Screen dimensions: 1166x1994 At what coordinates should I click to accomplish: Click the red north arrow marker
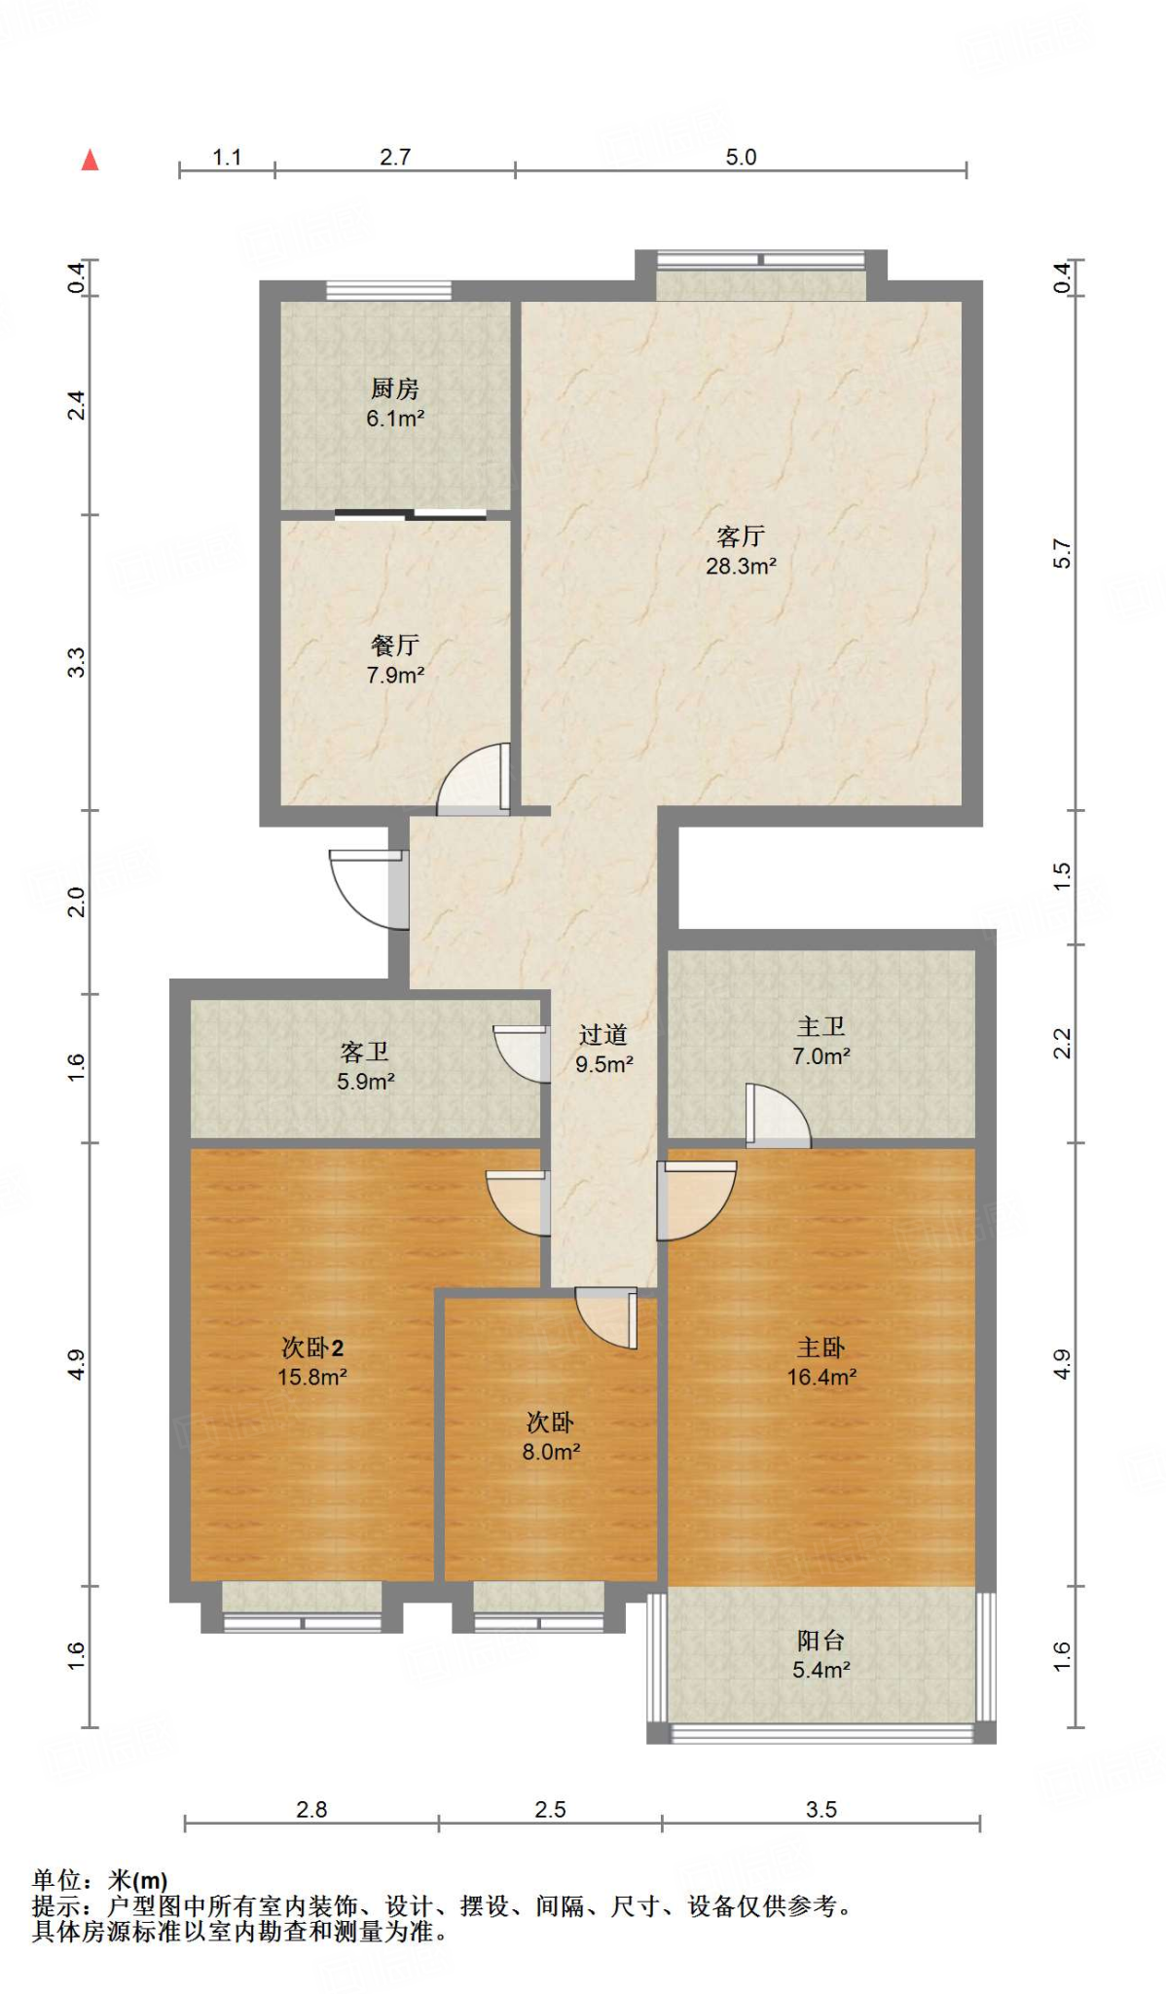tap(91, 160)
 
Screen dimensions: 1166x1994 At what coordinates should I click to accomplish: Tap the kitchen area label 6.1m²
tap(395, 419)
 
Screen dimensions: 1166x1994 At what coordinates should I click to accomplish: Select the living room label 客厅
tap(741, 536)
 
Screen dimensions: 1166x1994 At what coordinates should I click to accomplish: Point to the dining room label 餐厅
tap(395, 646)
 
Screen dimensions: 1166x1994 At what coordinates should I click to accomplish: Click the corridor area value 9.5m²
tap(604, 1064)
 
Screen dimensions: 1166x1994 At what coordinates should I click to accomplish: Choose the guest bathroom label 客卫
tap(365, 1052)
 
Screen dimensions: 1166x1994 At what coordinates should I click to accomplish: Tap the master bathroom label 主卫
tap(821, 1026)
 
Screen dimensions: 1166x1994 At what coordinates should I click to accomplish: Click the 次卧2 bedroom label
tap(312, 1348)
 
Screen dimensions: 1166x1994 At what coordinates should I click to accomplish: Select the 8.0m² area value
tap(552, 1452)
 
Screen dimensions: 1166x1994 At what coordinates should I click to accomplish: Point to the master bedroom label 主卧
tap(821, 1348)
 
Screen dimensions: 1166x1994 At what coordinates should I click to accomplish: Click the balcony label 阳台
tap(821, 1641)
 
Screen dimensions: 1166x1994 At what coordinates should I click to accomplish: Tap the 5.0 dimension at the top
tap(741, 157)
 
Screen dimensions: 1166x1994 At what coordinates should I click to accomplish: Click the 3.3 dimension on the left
tap(76, 663)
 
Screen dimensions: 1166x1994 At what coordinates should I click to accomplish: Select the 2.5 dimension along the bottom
tap(550, 1809)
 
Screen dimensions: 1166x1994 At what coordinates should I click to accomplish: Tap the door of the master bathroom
tap(778, 1115)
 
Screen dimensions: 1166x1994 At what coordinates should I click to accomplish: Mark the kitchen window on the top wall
tap(388, 290)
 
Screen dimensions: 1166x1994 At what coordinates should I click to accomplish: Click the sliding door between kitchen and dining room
tap(411, 515)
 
